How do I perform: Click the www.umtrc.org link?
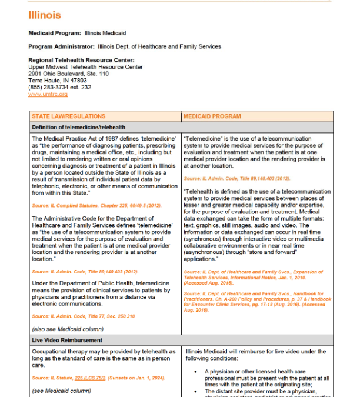(48, 94)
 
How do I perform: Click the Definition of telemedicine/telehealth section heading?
(78, 127)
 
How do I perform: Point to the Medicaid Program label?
(55, 33)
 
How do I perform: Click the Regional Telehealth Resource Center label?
(81, 60)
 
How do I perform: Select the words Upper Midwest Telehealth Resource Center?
(85, 67)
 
